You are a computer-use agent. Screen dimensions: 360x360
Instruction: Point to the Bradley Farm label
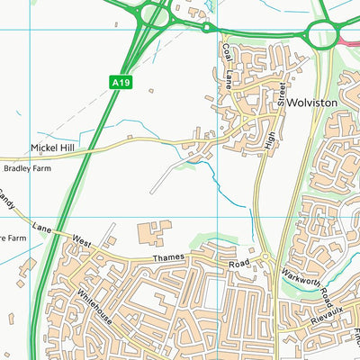click(x=27, y=167)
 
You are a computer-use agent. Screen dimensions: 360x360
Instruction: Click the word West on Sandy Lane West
click(x=82, y=242)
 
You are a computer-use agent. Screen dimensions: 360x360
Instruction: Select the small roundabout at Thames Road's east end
click(x=266, y=262)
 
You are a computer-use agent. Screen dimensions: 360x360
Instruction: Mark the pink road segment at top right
click(x=350, y=40)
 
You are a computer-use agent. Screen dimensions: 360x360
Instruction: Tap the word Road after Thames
click(x=238, y=264)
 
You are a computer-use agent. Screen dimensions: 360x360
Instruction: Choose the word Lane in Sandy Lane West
click(x=42, y=226)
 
